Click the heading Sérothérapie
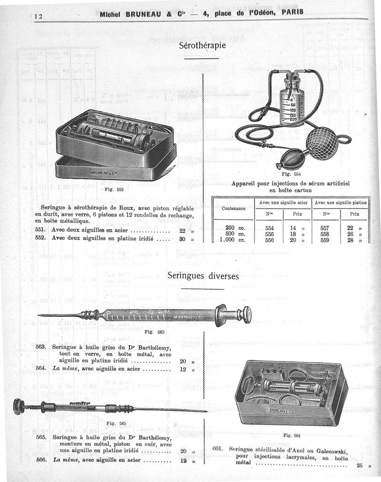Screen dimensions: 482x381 pos(202,46)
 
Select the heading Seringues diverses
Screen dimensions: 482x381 pos(203,276)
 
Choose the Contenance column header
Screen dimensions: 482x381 pos(233,208)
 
